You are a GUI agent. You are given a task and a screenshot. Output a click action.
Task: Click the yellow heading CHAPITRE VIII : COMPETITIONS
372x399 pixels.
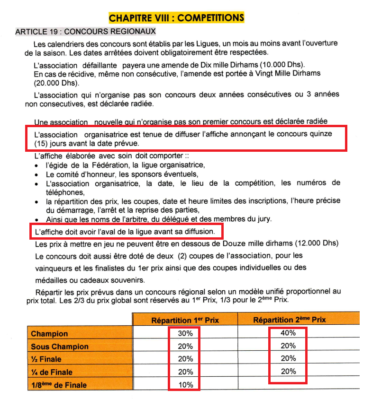click(176, 18)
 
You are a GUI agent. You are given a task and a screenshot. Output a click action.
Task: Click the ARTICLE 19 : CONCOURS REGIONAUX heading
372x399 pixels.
click(86, 32)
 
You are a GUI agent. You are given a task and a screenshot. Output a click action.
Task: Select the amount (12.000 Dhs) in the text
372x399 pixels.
click(316, 244)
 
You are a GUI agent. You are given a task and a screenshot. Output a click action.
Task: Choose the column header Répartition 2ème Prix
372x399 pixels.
click(290, 320)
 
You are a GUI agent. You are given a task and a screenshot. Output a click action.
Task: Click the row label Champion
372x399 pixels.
click(49, 334)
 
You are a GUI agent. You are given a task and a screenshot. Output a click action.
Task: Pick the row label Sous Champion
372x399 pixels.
click(60, 347)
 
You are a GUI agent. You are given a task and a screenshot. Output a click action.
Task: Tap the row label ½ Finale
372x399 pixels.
click(46, 359)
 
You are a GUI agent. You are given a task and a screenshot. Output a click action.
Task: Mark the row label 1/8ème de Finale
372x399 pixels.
click(59, 385)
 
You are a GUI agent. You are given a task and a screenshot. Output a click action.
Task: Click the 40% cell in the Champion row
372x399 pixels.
click(288, 333)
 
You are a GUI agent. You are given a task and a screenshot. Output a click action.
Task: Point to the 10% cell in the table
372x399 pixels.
click(185, 385)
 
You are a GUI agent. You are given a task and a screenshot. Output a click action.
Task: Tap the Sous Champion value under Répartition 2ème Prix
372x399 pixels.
click(288, 346)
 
